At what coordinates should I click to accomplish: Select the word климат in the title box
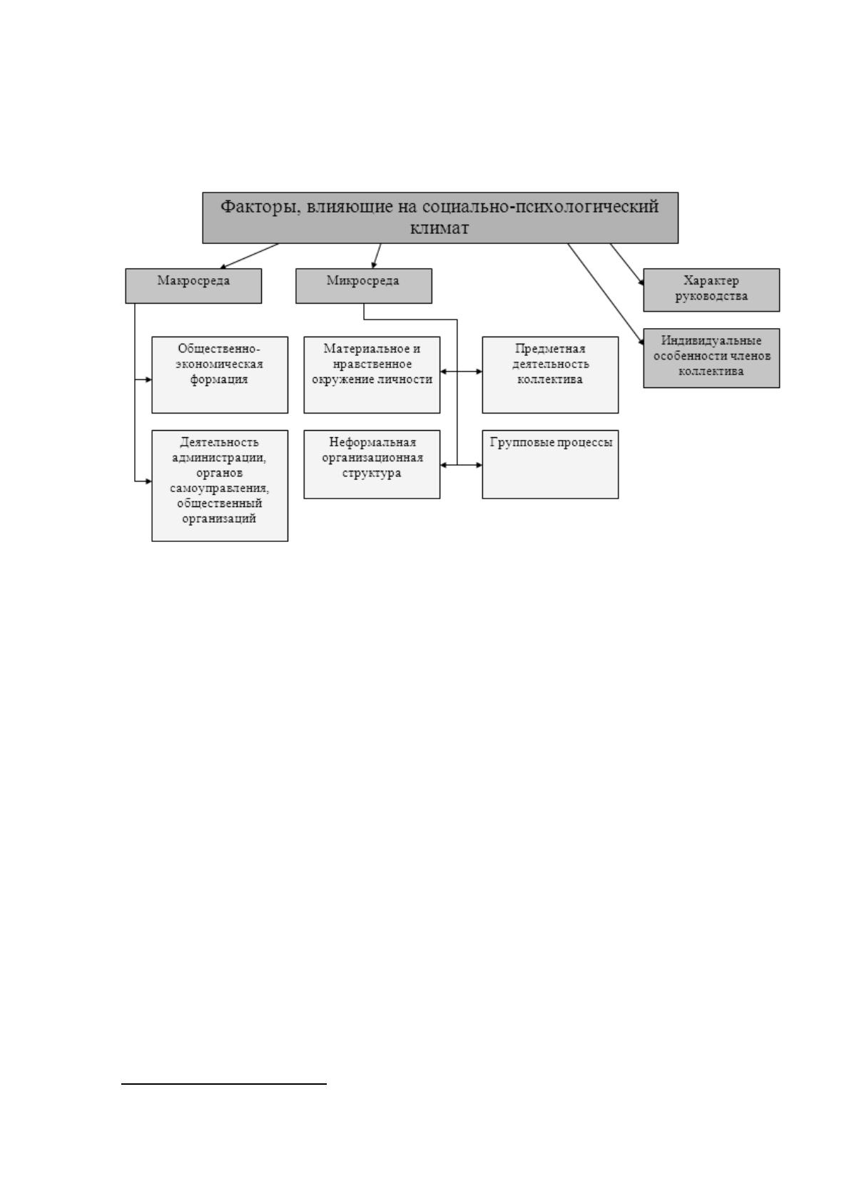[x=439, y=228]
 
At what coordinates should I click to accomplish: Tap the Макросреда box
[x=193, y=286]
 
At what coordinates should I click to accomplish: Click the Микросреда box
[x=364, y=286]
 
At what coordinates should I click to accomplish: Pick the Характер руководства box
[x=711, y=290]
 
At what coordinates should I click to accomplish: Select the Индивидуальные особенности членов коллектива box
[x=711, y=358]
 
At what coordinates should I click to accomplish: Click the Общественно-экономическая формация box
[x=220, y=374]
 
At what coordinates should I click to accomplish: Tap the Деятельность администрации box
[x=220, y=485]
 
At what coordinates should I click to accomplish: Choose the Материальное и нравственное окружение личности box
[x=372, y=374]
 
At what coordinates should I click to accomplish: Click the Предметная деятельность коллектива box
[x=550, y=374]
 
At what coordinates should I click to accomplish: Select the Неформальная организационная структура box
[x=372, y=464]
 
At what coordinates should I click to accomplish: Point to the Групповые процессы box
[x=550, y=464]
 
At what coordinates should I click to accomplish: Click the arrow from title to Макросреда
[x=250, y=256]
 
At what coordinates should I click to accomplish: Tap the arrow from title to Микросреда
[x=377, y=256]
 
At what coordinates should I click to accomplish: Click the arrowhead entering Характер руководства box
[x=641, y=282]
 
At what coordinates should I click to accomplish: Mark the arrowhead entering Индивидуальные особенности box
[x=641, y=342]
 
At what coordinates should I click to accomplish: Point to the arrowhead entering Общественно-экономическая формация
[x=148, y=379]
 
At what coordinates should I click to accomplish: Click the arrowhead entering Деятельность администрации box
[x=148, y=481]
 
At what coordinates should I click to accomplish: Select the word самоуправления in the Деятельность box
[x=219, y=489]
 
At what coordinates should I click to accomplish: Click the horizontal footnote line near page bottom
[x=223, y=1083]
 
